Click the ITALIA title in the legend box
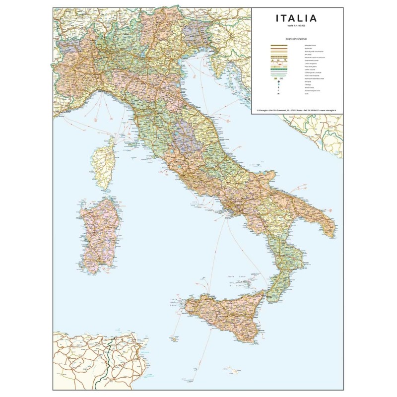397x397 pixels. pos(296,18)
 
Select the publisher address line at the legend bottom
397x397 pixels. pos(297,110)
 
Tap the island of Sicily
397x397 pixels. pos(223,315)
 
